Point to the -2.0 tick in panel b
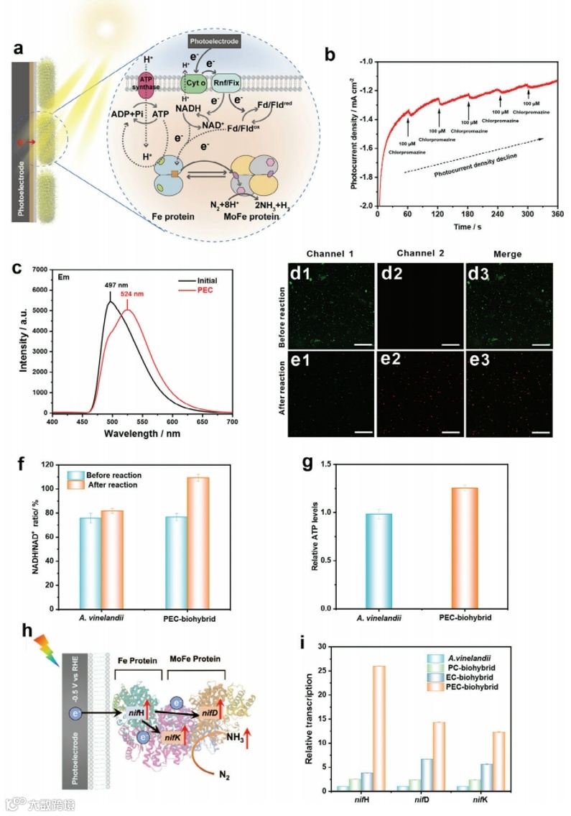(367, 206)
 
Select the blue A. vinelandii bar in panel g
(376, 561)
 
